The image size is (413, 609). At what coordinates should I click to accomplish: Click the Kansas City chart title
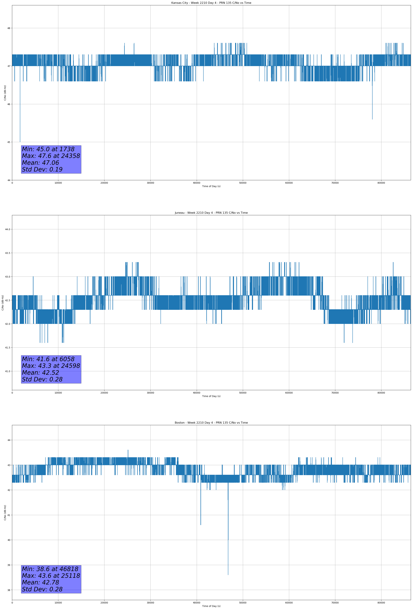pos(211,3)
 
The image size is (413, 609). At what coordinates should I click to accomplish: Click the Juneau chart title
pos(211,213)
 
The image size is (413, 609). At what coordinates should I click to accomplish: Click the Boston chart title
pos(211,423)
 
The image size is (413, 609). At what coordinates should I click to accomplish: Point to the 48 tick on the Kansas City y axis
pos(9,28)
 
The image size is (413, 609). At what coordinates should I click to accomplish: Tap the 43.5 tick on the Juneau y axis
pos(7,253)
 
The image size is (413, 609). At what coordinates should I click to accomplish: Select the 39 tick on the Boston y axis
pos(9,565)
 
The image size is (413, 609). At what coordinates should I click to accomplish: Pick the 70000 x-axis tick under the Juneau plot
pos(335,393)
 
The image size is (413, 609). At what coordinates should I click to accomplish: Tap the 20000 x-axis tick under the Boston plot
pos(104,603)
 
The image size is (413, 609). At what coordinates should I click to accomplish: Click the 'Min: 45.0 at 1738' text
pos(48,149)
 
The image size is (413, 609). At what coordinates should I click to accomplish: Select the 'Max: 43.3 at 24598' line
pos(51,366)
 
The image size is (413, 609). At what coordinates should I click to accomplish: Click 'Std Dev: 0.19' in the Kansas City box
pos(42,170)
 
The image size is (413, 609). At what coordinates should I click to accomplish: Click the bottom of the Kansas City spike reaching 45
pos(20,142)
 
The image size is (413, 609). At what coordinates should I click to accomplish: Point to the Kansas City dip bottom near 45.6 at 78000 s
pos(372,119)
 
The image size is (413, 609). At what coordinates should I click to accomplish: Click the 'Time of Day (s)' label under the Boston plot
pos(211,606)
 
